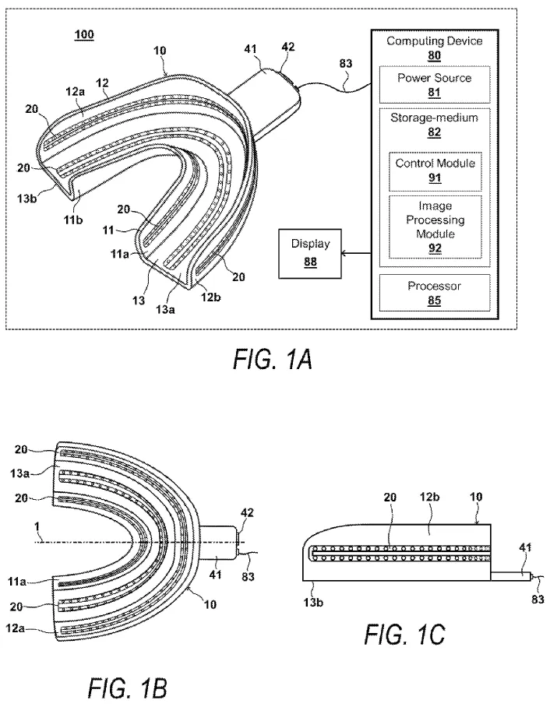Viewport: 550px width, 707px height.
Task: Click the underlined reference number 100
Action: point(83,35)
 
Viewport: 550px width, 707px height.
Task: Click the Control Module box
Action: point(435,170)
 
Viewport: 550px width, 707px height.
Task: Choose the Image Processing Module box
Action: point(435,227)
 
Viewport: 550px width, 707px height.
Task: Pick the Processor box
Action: point(435,293)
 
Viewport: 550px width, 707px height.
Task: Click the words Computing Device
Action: point(434,41)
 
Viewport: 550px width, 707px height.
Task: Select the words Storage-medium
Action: point(434,118)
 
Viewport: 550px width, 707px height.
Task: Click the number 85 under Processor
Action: point(435,301)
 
